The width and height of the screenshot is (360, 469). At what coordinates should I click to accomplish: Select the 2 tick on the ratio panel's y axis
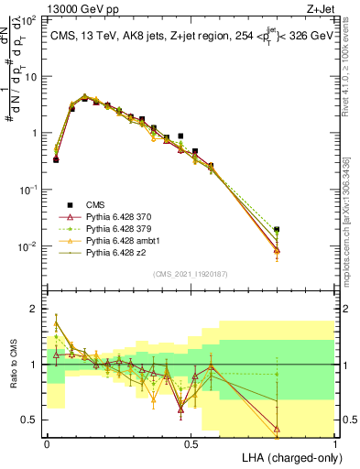36,309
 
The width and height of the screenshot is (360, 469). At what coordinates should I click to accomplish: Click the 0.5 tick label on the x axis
191,444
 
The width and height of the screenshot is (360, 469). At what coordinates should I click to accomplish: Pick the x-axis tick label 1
334,444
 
